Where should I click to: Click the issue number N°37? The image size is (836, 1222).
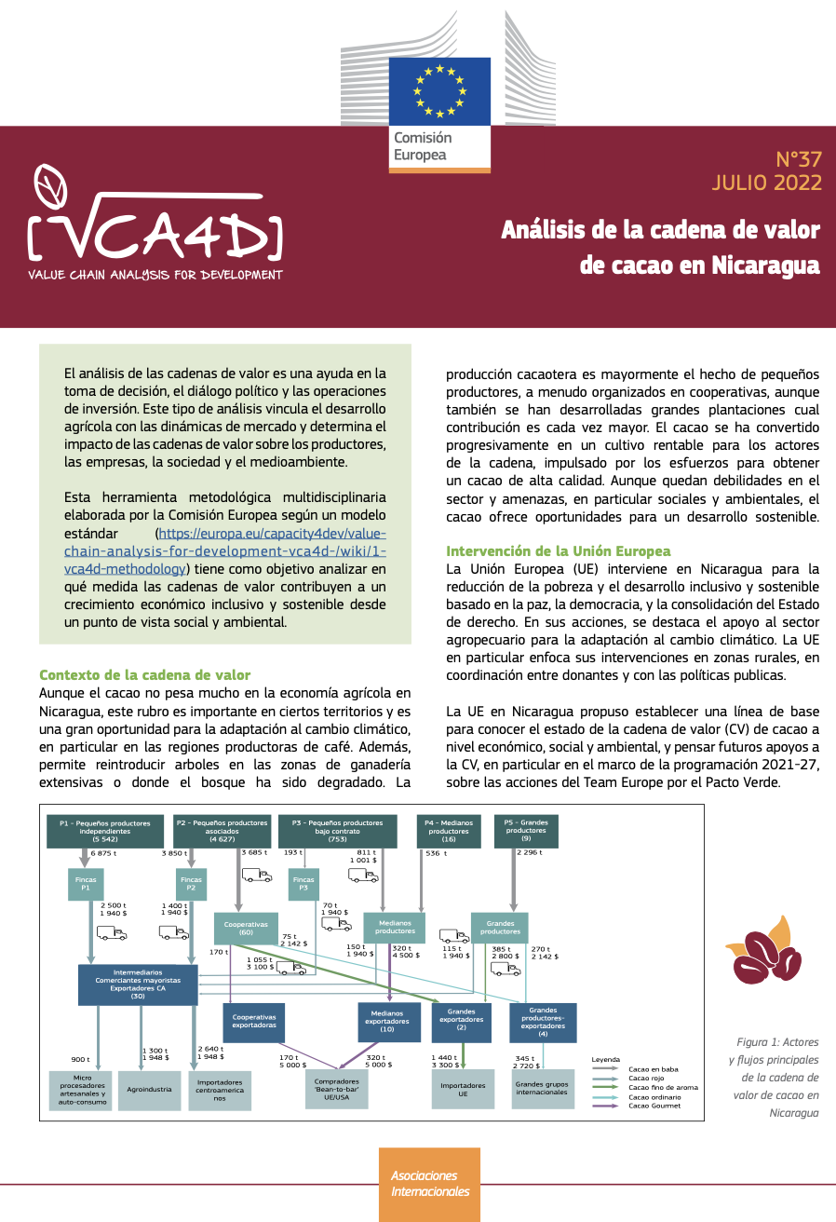[x=799, y=158]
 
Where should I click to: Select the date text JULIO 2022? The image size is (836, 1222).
[x=766, y=182]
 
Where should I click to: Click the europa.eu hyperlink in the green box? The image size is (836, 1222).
[x=271, y=550]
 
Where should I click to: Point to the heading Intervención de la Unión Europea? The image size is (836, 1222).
[x=558, y=550]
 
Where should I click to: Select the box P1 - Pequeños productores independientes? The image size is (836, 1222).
[x=104, y=831]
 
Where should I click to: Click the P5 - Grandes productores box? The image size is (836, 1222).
[x=526, y=830]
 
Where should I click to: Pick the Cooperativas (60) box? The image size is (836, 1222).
[x=247, y=929]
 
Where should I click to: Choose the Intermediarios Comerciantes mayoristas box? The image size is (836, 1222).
[x=138, y=984]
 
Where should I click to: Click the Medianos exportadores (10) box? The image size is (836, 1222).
[x=388, y=1022]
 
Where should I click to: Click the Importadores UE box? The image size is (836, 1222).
[x=464, y=1090]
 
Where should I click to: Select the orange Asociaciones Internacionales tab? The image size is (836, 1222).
[x=429, y=1183]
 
